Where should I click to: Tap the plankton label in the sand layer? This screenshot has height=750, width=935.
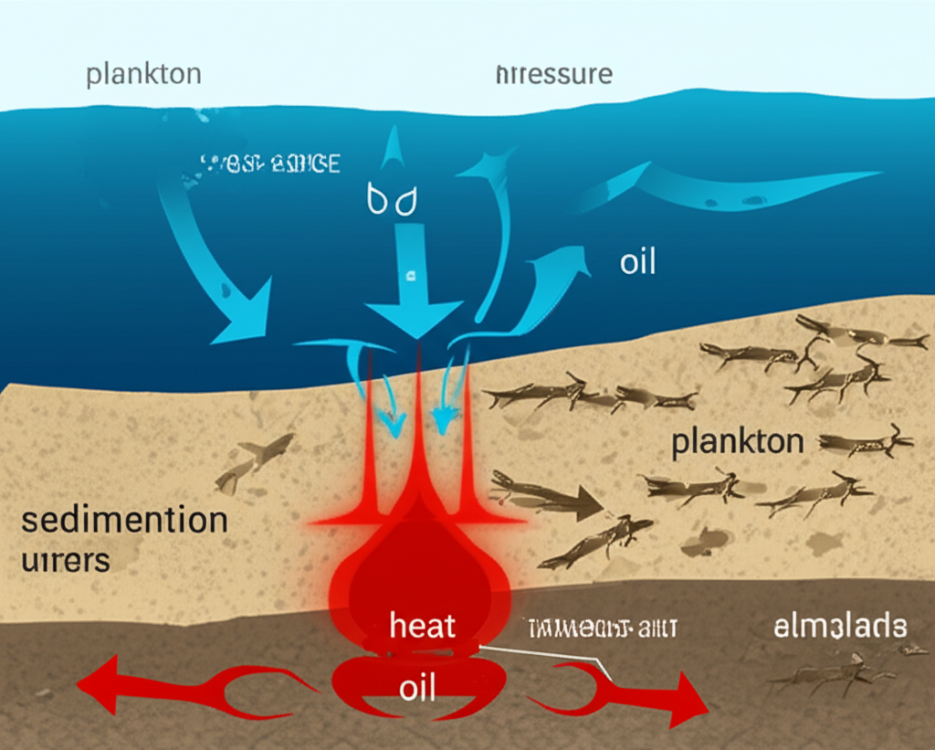(x=737, y=442)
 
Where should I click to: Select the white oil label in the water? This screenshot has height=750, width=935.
(x=637, y=262)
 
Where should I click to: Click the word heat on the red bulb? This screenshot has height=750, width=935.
(x=422, y=627)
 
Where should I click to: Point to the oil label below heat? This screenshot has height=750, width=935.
(x=419, y=687)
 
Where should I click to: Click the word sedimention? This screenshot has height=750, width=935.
(x=123, y=521)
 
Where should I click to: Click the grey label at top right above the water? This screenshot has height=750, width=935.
(x=553, y=74)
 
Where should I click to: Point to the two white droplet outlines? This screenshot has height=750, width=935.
(x=391, y=201)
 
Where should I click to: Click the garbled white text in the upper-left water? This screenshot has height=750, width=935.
(x=269, y=164)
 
